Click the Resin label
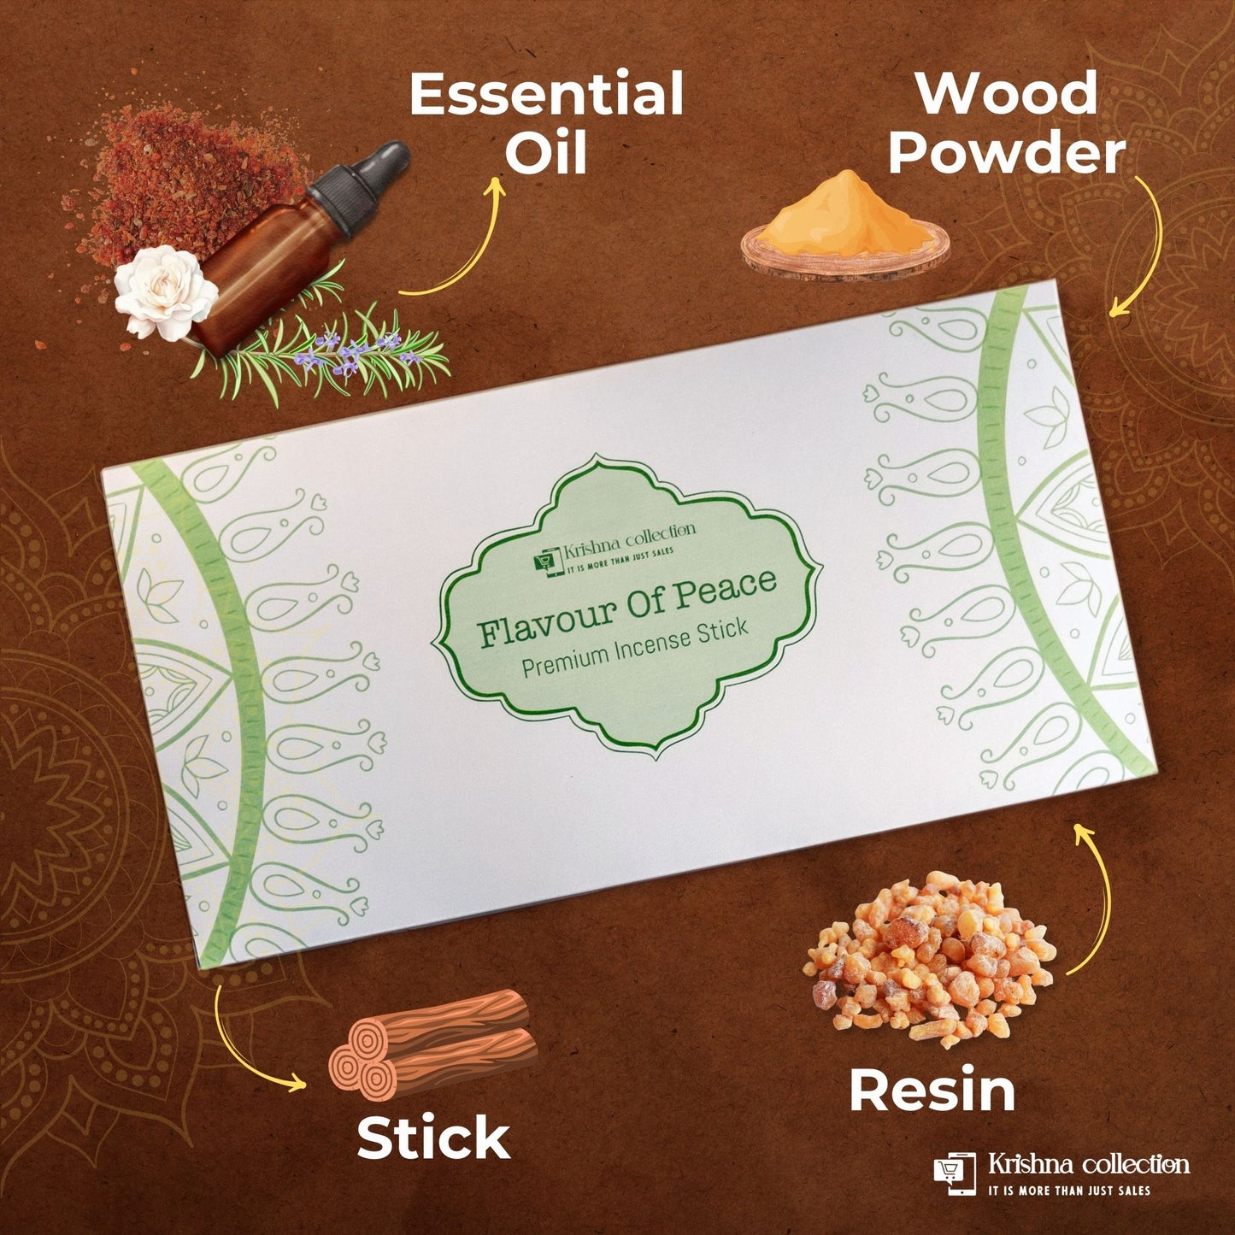932,1091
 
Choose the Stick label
433,1138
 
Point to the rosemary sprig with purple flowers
342,355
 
